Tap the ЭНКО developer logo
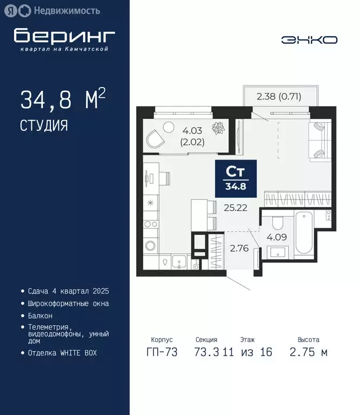pos(309,39)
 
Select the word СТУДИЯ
pos(44,126)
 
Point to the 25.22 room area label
pos(236,207)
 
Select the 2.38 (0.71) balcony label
pos(279,97)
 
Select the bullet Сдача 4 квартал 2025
pos(68,291)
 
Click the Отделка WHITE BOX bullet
pos(63,353)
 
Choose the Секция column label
pos(206,340)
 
